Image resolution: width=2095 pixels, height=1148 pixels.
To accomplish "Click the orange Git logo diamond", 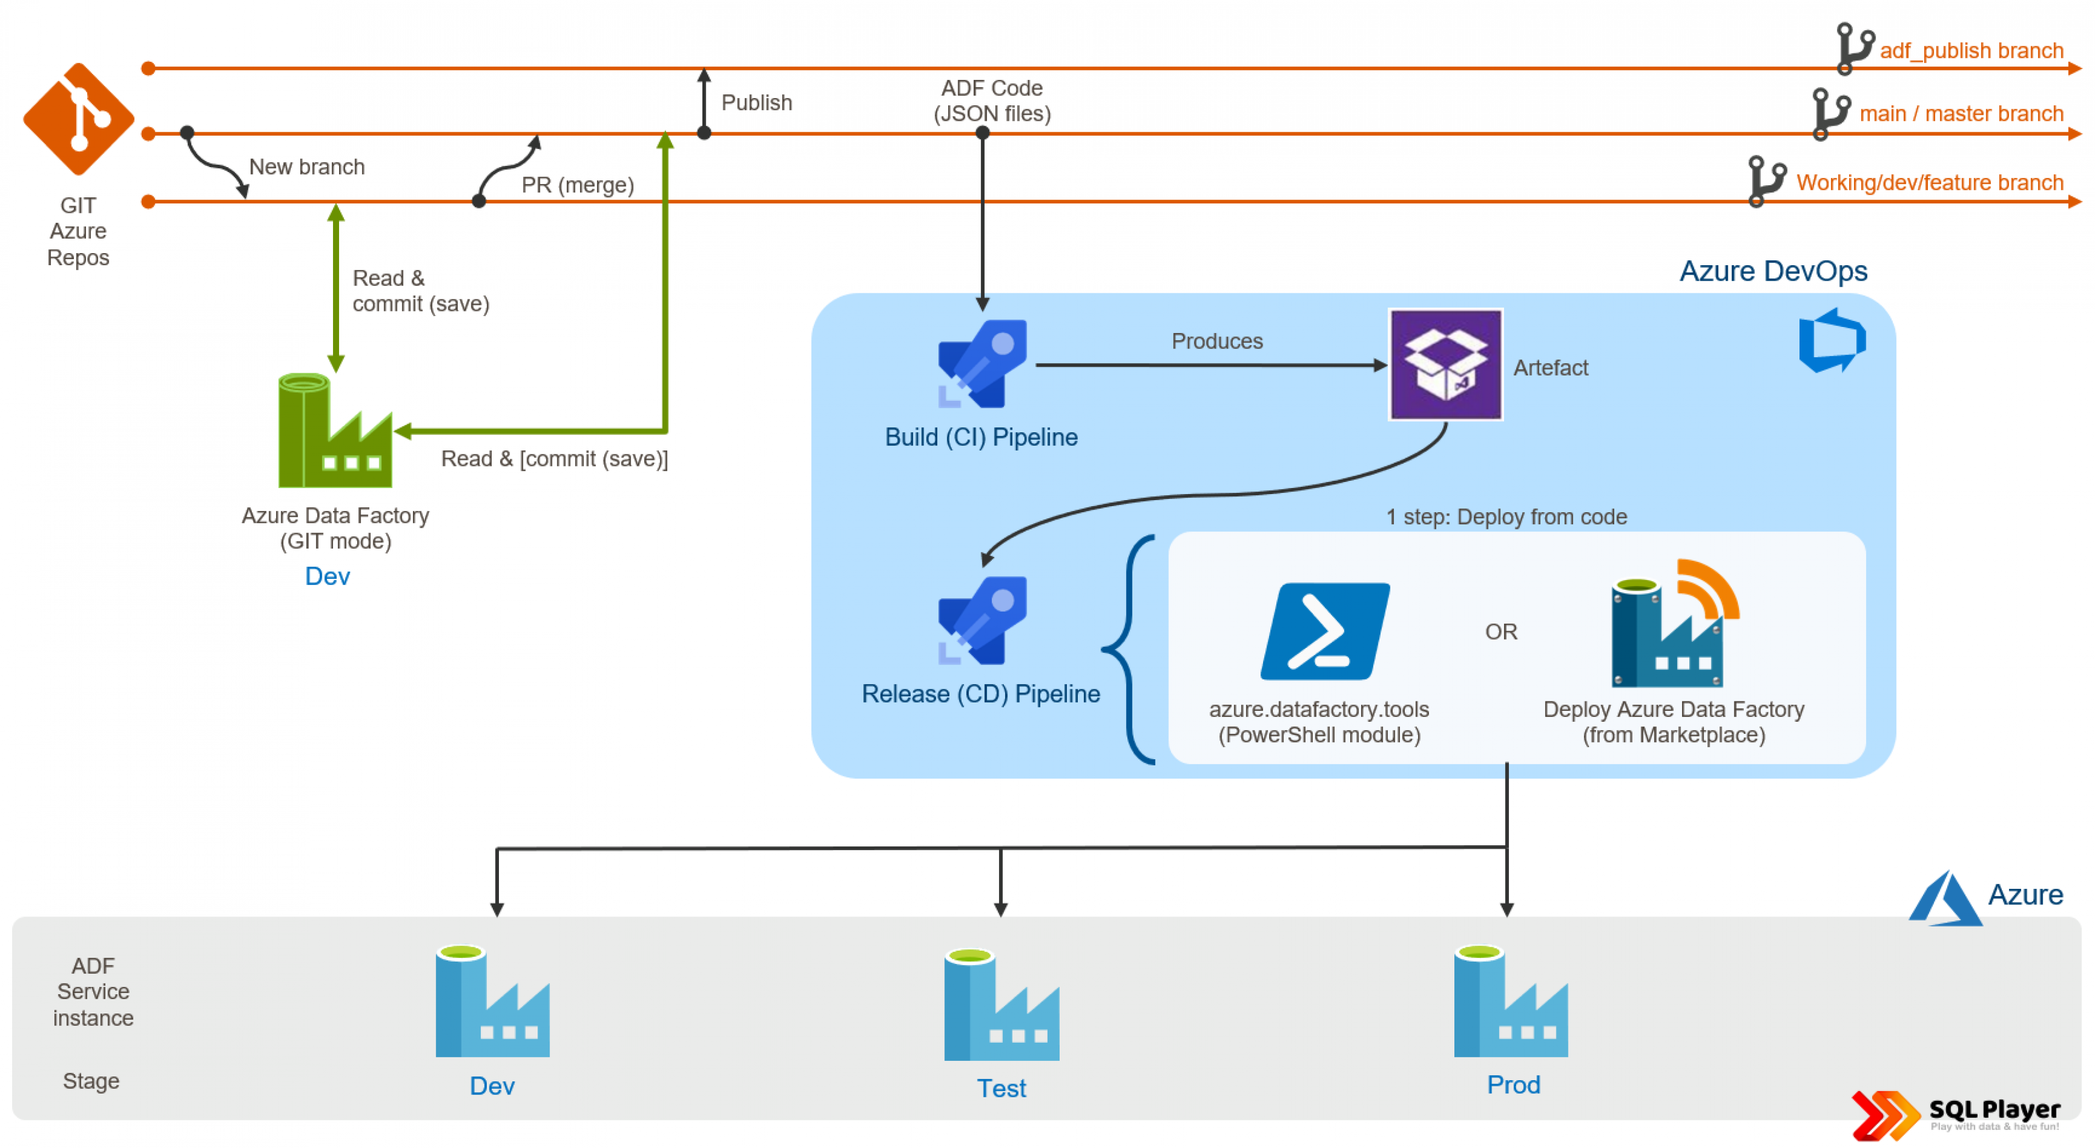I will pos(78,119).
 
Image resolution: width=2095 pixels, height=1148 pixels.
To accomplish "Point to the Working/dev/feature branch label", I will pos(1929,183).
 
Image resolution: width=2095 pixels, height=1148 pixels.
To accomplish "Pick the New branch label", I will pos(307,167).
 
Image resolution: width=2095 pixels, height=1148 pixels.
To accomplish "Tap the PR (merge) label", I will pos(577,185).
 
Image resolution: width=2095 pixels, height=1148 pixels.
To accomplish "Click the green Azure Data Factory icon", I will pos(334,431).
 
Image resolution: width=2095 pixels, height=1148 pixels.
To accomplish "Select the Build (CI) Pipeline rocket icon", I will pos(982,364).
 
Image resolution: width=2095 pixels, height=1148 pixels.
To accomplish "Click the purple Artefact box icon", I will pos(1444,364).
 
